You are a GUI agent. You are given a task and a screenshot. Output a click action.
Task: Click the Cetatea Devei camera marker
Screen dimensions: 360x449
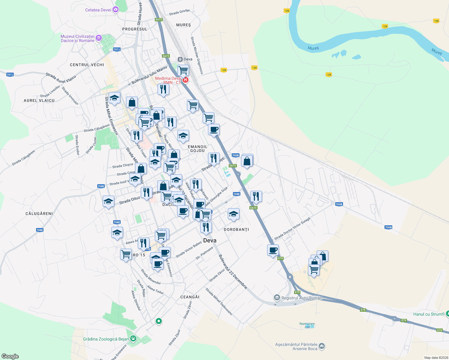115,10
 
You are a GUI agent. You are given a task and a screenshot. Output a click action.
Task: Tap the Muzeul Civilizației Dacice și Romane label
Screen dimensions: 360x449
77,38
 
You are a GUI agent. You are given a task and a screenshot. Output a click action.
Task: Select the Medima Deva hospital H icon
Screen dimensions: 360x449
185,80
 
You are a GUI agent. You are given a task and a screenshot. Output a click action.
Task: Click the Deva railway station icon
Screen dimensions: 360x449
180,59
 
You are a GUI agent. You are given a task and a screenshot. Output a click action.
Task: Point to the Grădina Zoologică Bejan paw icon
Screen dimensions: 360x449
133,339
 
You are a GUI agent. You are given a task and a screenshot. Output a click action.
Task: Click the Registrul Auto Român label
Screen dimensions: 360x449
302,298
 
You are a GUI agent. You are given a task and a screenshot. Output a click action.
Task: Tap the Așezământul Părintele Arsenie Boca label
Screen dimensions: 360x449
296,346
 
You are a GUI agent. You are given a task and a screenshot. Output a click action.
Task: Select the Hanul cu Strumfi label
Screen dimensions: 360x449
429,314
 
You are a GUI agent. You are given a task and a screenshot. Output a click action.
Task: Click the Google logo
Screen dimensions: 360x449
10,356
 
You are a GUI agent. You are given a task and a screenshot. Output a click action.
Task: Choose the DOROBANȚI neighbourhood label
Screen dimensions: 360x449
237,229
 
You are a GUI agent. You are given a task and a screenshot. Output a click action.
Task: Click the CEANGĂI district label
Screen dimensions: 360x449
190,297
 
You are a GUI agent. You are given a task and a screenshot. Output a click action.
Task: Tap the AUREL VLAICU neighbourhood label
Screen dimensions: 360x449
39,100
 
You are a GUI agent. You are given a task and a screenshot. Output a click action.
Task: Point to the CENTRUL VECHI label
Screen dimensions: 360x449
87,65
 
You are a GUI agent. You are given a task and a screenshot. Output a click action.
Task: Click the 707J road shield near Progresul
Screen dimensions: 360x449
117,49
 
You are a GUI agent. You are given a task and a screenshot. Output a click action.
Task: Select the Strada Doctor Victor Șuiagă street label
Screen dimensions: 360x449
292,229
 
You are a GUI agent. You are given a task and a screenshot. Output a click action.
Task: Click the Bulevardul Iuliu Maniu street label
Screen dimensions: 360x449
149,75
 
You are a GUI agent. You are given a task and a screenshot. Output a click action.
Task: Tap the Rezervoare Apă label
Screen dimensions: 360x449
307,325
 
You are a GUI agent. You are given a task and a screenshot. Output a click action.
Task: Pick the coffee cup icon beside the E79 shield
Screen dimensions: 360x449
273,250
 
